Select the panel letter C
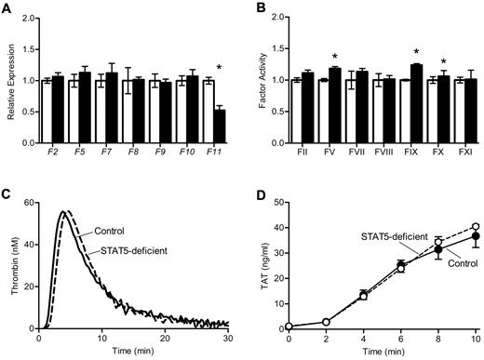[x=7, y=193]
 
